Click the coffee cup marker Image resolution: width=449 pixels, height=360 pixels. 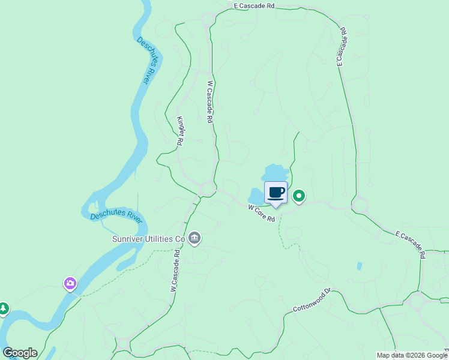click(276, 193)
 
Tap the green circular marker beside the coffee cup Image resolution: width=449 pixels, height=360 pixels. click(298, 196)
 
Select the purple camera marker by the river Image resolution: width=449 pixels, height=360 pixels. click(71, 283)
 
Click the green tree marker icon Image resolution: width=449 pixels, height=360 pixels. click(4, 308)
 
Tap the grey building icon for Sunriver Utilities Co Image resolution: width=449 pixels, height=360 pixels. click(194, 239)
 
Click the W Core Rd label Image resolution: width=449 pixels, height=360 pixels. click(261, 214)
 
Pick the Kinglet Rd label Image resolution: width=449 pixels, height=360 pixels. click(179, 131)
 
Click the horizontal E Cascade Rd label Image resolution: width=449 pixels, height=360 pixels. click(254, 5)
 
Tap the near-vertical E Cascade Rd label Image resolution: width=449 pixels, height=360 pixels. click(341, 46)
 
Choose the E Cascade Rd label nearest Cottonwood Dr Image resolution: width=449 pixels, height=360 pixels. click(411, 244)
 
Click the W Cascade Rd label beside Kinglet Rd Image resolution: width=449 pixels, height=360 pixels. click(210, 102)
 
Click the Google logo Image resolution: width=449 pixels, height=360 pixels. click(20, 353)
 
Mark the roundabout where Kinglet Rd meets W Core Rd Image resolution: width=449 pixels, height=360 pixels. click(208, 189)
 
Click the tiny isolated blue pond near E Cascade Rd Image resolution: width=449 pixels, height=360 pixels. click(360, 266)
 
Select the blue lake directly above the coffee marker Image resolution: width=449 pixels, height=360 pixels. click(276, 173)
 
